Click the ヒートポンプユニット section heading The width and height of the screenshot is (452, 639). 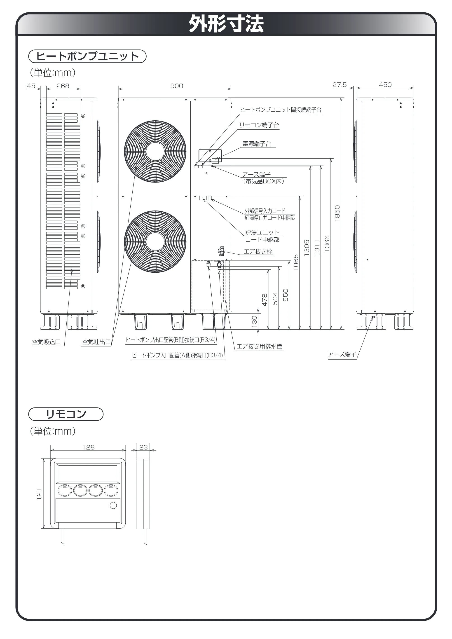(87, 56)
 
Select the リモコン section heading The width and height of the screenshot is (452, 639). (66, 414)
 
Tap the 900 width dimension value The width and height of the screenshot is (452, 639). (177, 86)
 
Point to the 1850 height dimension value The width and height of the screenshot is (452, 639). (337, 213)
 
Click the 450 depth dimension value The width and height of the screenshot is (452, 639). (385, 85)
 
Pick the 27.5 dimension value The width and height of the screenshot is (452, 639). (340, 85)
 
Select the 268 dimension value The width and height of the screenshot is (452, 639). (63, 86)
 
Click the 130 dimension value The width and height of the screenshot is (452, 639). (254, 321)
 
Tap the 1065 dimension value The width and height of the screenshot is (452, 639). (296, 262)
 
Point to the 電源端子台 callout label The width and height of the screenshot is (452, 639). (257, 144)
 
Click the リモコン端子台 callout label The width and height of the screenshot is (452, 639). (259, 125)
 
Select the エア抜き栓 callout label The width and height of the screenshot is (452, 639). (258, 252)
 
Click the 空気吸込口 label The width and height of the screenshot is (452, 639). (46, 342)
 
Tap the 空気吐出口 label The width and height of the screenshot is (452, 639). (96, 342)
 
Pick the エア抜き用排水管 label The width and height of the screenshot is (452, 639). (259, 346)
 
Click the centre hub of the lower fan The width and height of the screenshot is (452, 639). (155, 242)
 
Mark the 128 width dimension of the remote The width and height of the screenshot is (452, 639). (89, 447)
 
